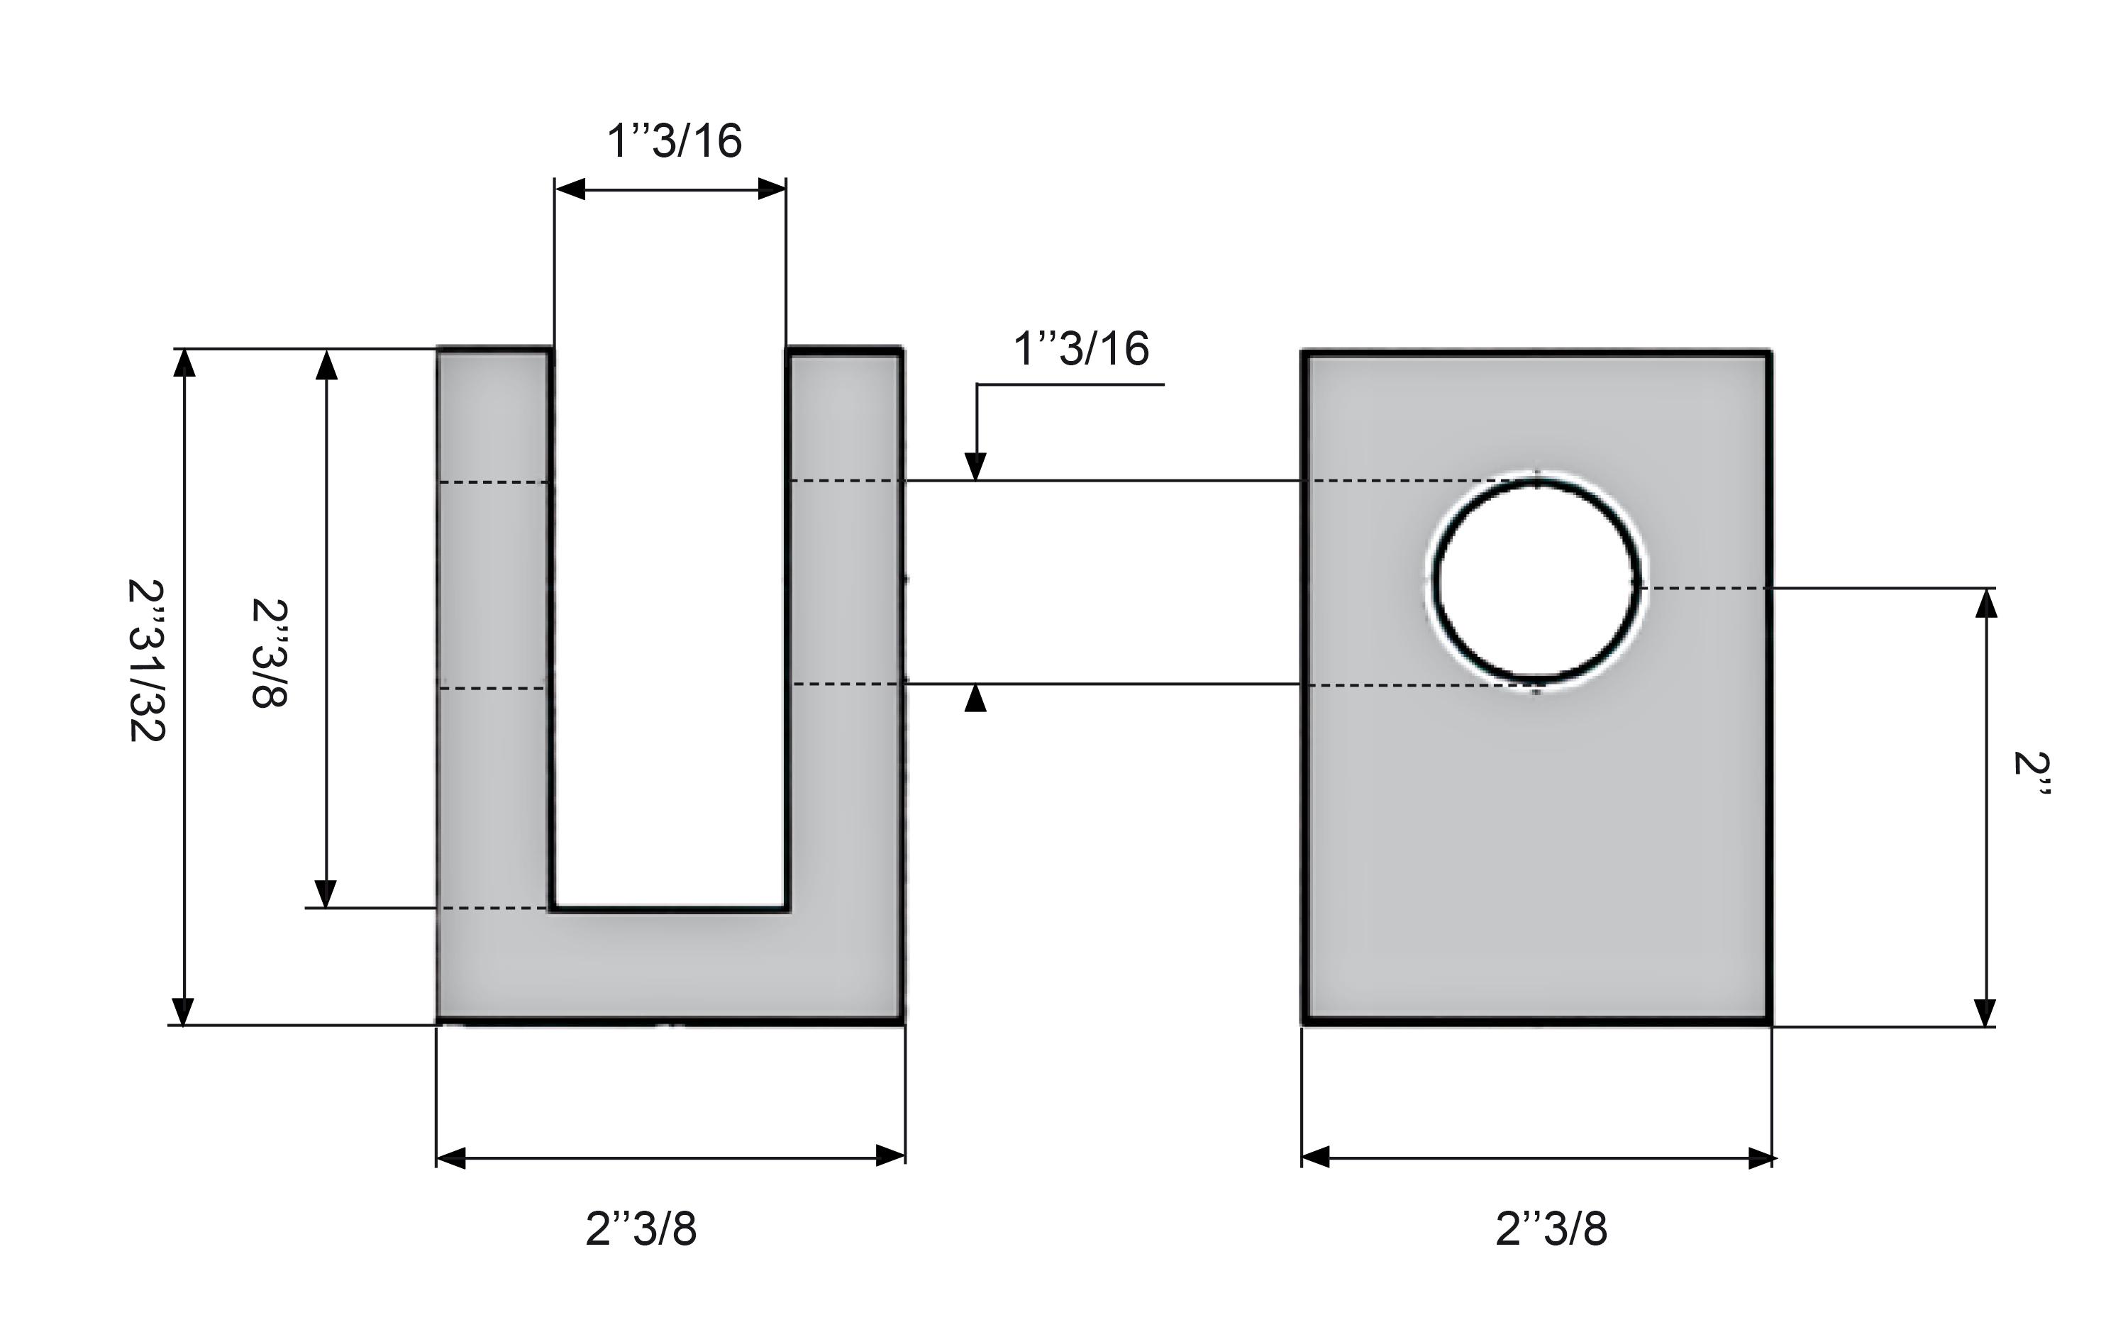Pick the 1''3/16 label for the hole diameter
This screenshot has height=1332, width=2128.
click(1081, 348)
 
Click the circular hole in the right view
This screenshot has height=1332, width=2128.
click(1537, 583)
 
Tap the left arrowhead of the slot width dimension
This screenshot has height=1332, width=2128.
click(570, 189)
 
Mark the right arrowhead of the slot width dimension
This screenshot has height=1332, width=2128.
click(772, 189)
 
